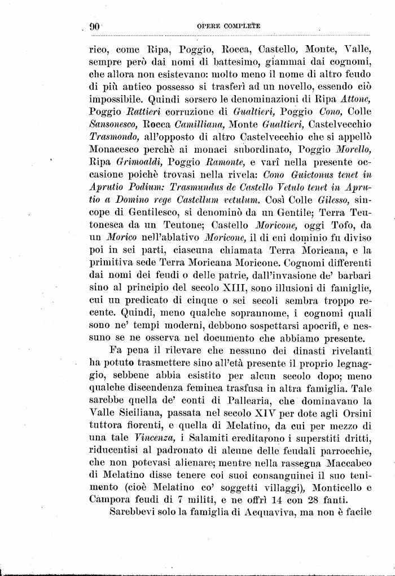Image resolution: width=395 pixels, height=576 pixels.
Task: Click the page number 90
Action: click(94, 26)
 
